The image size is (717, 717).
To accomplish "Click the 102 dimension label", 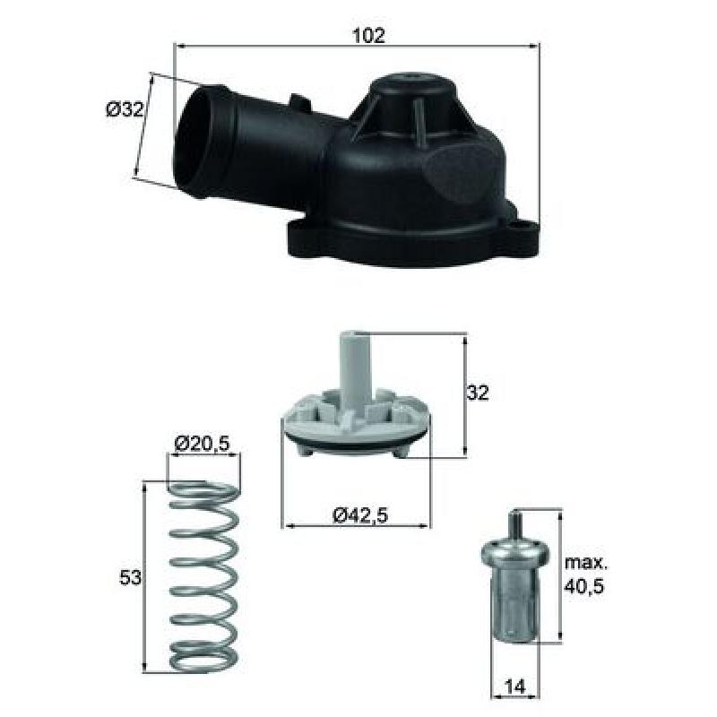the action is [x=368, y=35].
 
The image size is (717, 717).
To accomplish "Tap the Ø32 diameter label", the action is [x=125, y=109].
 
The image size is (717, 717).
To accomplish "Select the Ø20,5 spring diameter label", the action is [x=201, y=443].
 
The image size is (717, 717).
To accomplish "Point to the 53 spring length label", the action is [x=130, y=577].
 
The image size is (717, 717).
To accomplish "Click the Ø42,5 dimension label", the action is [x=360, y=515].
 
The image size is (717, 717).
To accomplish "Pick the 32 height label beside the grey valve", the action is [x=478, y=393].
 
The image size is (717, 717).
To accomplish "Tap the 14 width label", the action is [x=514, y=687].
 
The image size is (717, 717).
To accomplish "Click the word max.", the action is [x=586, y=563].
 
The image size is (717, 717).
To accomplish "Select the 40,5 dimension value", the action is [x=584, y=586].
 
